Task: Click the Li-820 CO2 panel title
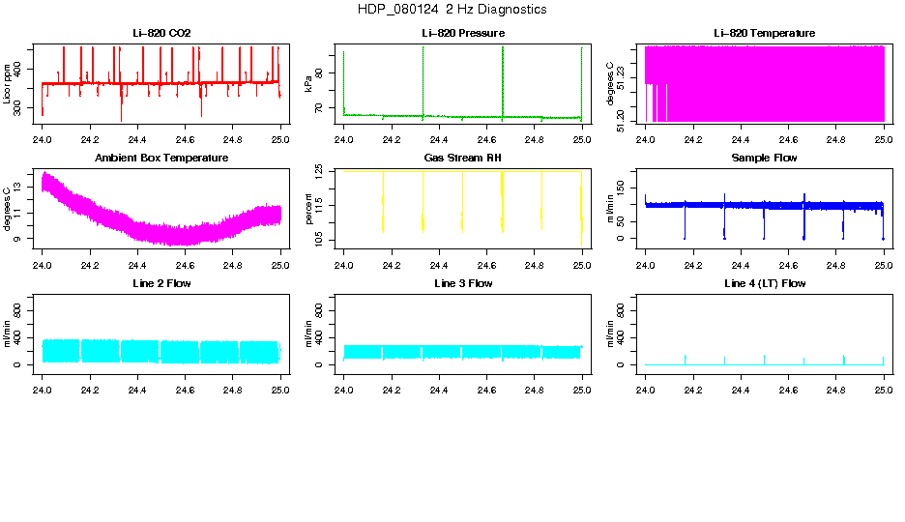click(161, 34)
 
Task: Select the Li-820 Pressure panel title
click(462, 34)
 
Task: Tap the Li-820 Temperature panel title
click(764, 34)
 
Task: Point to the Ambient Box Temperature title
click(161, 158)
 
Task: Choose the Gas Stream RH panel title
click(462, 158)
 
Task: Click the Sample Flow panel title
click(764, 158)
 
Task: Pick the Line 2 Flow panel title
click(161, 283)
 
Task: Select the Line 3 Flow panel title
click(462, 283)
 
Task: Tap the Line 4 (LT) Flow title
click(764, 283)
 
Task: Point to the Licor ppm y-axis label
click(8, 83)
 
